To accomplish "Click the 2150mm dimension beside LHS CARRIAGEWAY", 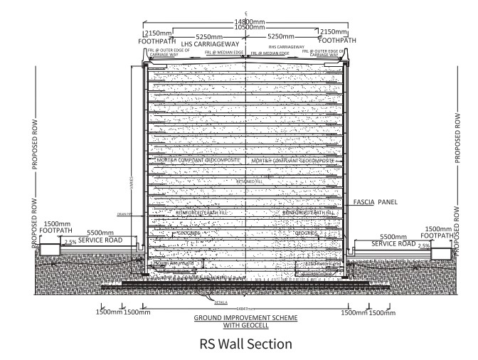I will [x=156, y=33].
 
